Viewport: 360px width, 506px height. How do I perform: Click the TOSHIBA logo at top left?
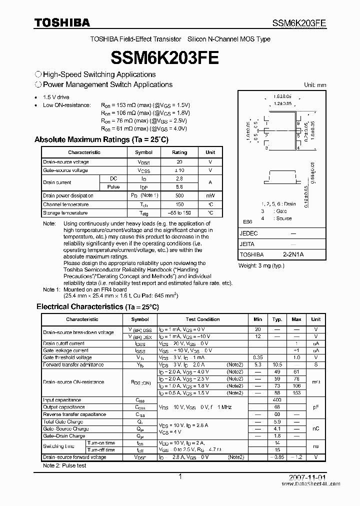62,22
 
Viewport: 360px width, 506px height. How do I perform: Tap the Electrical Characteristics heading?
97,306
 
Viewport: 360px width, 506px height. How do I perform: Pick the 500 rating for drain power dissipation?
179,195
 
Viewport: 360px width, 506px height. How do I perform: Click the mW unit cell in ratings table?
210,195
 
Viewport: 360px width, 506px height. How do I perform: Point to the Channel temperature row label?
66,204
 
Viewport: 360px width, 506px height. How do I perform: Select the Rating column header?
179,152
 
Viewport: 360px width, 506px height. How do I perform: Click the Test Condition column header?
202,319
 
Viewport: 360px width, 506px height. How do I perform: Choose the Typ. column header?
277,319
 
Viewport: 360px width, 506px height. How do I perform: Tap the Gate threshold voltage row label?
67,357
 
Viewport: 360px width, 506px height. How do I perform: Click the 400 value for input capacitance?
277,400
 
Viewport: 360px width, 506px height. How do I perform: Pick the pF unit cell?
316,407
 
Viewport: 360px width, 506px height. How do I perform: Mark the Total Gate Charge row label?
63,421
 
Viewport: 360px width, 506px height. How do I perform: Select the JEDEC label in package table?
249,233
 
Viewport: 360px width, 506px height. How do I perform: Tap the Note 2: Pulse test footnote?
64,465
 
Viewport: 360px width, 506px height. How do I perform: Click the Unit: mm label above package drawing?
315,85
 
